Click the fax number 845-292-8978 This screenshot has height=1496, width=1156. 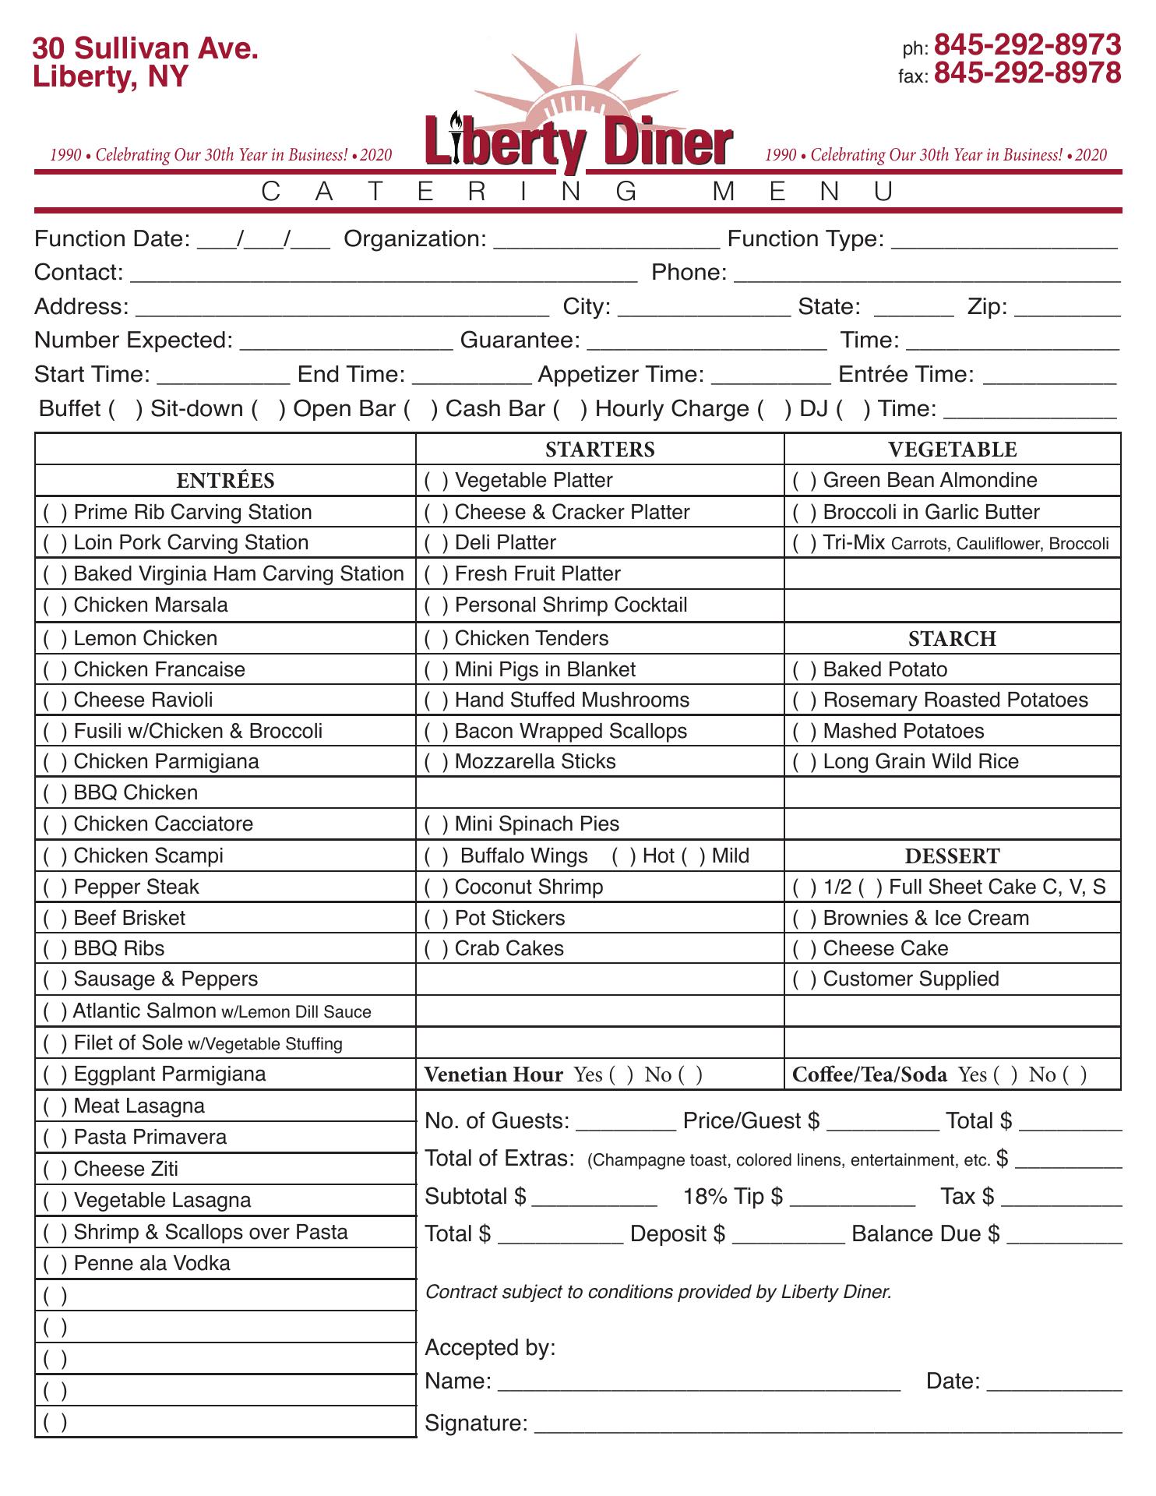tap(1027, 73)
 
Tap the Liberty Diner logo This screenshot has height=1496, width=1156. tap(578, 140)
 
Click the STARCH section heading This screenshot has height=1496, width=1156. tap(952, 639)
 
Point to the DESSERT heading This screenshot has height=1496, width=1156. tap(952, 856)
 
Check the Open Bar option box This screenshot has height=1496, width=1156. tap(421, 409)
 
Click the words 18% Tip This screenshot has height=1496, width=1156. tap(732, 1197)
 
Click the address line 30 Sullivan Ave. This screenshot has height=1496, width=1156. tap(146, 49)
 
